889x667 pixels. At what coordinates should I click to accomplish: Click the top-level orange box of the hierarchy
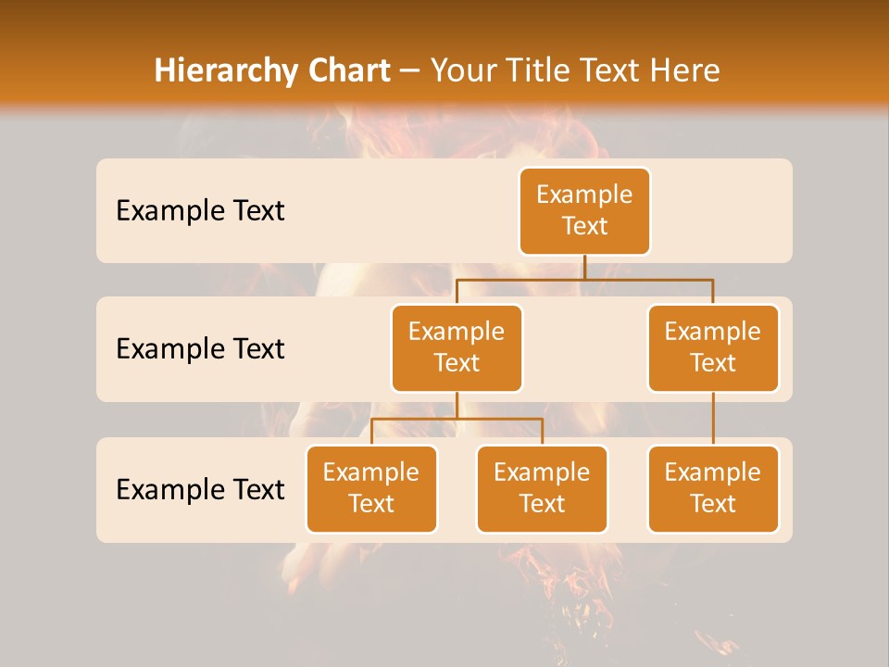[584, 210]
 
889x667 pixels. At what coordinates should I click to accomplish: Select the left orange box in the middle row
[457, 347]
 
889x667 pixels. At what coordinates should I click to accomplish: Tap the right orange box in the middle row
[713, 347]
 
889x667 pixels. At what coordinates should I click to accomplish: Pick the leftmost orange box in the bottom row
[371, 488]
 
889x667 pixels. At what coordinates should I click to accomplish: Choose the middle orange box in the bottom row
[542, 488]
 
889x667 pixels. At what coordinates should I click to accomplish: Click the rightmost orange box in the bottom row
[713, 488]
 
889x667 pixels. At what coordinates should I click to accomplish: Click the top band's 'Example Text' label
[200, 210]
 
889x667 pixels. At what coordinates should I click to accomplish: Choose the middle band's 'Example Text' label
[200, 348]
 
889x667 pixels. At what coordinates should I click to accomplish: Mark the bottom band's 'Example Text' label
[200, 489]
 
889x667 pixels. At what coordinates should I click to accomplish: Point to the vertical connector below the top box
[584, 267]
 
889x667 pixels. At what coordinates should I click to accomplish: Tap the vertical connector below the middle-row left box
[457, 406]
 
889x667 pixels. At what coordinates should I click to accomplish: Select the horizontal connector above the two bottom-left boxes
[457, 419]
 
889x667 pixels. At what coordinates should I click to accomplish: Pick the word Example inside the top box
[584, 195]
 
